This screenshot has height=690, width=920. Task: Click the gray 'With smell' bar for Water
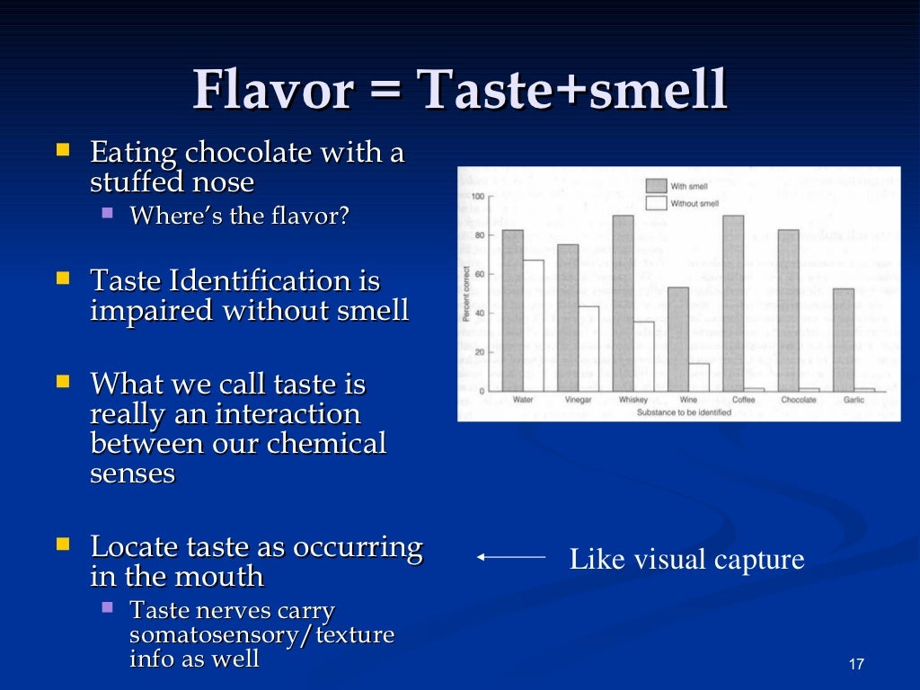(512, 310)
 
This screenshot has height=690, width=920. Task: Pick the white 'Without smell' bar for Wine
(699, 377)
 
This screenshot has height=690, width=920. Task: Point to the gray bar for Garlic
(844, 340)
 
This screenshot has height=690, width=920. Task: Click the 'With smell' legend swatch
(655, 186)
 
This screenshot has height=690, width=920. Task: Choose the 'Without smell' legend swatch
(655, 204)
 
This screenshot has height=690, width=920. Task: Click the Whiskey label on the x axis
(633, 400)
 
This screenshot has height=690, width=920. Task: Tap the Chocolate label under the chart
(799, 400)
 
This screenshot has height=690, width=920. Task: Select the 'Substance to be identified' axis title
(684, 412)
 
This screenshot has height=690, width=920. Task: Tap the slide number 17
(855, 665)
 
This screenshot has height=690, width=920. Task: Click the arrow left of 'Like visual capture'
(511, 558)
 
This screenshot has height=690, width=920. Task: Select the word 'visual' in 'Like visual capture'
(670, 560)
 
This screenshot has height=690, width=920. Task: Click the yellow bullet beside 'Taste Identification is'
(63, 279)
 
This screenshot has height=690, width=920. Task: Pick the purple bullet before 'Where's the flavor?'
(108, 215)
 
